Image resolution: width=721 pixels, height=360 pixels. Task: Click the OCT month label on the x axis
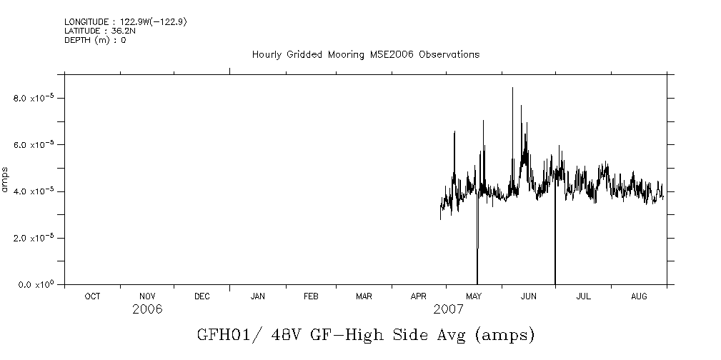[x=92, y=296]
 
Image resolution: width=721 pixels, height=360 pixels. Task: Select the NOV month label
[x=147, y=296]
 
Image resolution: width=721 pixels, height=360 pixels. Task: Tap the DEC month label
[x=202, y=296]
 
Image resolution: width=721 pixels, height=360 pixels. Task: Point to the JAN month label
[x=257, y=296]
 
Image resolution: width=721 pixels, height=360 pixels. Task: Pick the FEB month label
[x=311, y=296]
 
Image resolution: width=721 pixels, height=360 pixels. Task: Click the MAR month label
[x=364, y=296]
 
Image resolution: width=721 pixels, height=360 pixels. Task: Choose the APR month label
[x=419, y=296]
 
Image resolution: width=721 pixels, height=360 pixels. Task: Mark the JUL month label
[x=583, y=296]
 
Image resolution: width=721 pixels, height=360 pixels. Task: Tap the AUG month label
[x=640, y=296]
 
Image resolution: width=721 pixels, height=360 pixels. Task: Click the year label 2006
[x=147, y=309]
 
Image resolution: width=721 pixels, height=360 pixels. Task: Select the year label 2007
[x=448, y=309]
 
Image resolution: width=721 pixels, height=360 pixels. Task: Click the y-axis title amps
[x=6, y=179]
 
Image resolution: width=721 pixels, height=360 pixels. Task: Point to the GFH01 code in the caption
[x=219, y=334]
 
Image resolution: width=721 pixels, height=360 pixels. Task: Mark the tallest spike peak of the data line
[x=512, y=88]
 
